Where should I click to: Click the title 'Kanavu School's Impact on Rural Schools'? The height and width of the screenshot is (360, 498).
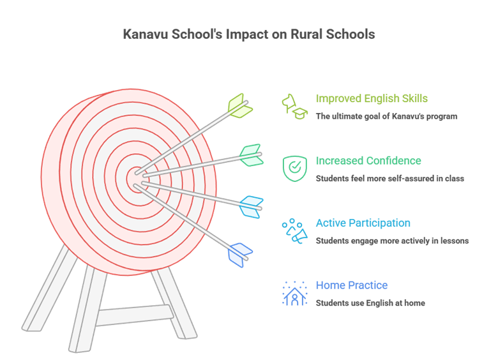pyautogui.click(x=248, y=34)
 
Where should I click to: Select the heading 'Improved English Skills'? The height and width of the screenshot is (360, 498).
pyautogui.click(x=372, y=98)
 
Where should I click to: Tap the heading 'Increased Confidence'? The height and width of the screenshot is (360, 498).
pyautogui.click(x=368, y=161)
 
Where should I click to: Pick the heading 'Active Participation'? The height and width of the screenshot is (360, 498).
pyautogui.click(x=363, y=223)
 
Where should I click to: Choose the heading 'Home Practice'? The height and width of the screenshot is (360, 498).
pyautogui.click(x=352, y=285)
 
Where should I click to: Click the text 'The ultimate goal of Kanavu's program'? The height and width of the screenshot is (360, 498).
pyautogui.click(x=386, y=116)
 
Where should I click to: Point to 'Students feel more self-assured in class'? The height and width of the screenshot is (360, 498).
pyautogui.click(x=389, y=178)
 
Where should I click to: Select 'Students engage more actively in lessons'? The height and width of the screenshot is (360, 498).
pyautogui.click(x=392, y=241)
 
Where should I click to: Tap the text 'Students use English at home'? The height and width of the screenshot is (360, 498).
pyautogui.click(x=370, y=303)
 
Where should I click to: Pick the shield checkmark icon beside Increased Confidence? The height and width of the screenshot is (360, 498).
pyautogui.click(x=294, y=167)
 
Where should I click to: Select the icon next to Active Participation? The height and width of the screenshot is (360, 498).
pyautogui.click(x=294, y=230)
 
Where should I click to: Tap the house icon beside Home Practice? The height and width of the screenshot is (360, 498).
pyautogui.click(x=294, y=294)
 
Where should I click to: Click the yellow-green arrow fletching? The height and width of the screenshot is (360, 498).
pyautogui.click(x=239, y=106)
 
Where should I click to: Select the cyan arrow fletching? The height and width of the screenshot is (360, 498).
pyautogui.click(x=251, y=207)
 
